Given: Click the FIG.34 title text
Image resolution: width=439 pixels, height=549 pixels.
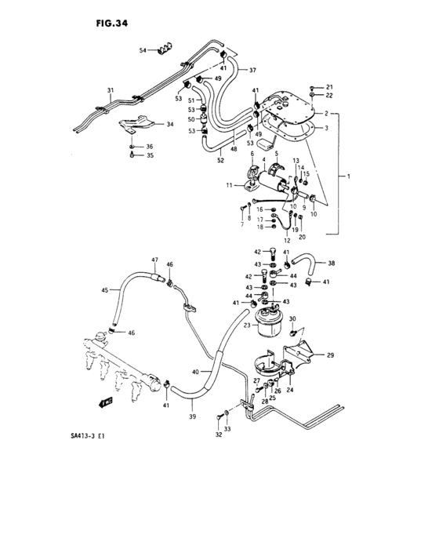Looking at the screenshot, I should [x=107, y=24].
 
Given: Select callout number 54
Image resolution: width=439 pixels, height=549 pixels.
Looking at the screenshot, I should [x=143, y=50].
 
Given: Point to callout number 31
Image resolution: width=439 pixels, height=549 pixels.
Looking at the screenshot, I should [x=111, y=90].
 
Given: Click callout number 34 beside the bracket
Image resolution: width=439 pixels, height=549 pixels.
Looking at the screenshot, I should [x=170, y=125].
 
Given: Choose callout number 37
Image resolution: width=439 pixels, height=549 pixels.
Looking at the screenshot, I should [x=252, y=70].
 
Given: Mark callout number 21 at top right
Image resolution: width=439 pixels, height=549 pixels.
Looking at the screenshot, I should [x=329, y=86].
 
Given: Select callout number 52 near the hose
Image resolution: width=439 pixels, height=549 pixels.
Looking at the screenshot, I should [x=220, y=160].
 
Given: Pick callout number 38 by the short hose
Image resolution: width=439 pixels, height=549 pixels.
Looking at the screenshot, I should [x=332, y=264].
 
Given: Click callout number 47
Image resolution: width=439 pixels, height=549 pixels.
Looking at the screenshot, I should [x=155, y=260].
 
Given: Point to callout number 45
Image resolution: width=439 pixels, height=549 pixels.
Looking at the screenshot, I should [x=103, y=290].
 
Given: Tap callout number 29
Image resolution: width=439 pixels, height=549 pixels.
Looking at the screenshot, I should [x=330, y=355].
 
